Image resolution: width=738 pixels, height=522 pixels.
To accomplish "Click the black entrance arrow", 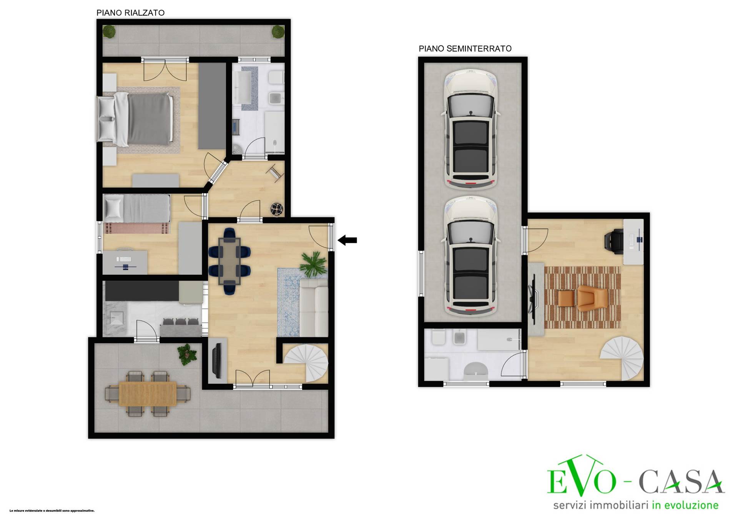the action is coord(347,240).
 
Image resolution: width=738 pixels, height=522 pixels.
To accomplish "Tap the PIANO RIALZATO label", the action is coord(130,13).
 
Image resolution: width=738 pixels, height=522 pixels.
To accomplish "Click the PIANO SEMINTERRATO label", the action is coord(465,48).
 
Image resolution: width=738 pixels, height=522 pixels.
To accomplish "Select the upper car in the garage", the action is coord(471,130).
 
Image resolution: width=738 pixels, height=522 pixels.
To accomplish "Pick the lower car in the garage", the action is coord(471,256).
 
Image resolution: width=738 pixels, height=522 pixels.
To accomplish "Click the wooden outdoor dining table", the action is coord(148,394).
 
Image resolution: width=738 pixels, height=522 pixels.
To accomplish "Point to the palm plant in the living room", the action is coord(314,264).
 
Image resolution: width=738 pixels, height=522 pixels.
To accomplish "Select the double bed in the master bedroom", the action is coord(134,119).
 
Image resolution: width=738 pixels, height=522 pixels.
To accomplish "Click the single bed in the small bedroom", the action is coord(137,214).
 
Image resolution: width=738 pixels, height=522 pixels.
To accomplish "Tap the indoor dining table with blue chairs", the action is coord(229,261).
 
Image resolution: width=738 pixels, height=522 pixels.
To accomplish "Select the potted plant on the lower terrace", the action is coord(187,354).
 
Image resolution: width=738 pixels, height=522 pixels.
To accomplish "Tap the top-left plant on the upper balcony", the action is coord(110,32).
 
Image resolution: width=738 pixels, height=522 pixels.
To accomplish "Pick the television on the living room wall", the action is coord(217,360).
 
